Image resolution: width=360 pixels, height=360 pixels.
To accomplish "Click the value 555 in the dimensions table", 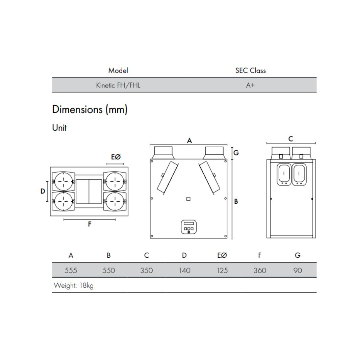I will [71, 270].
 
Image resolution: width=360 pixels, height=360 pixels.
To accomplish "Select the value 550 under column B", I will [109, 270].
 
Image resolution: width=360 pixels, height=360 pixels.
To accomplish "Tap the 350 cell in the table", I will [146, 270].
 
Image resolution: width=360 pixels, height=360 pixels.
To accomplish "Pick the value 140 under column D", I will [184, 270].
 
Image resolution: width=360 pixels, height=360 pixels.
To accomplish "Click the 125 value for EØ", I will [222, 270].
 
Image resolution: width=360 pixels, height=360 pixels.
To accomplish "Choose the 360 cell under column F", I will [260, 270].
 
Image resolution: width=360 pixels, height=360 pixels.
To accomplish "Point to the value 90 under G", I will [298, 270].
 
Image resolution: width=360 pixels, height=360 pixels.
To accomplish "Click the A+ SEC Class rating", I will [250, 85].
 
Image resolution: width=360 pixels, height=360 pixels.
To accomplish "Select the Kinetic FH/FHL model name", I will [118, 85].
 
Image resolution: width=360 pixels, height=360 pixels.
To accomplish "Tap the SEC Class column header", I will [250, 71].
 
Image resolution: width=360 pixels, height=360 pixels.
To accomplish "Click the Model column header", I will [118, 71].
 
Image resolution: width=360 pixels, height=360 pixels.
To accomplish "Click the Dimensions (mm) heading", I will [90, 109].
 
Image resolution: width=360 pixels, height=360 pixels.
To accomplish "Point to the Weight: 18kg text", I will [74, 286].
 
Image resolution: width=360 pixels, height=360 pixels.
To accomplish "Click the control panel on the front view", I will [189, 227].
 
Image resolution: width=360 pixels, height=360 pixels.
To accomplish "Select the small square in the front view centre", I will [188, 199].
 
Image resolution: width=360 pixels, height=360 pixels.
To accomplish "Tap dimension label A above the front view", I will [189, 141].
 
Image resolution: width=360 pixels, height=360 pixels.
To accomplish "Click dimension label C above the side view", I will [291, 139].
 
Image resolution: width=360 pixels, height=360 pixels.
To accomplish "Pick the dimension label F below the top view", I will [90, 224].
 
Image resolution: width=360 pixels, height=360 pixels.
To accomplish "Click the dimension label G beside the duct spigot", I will [236, 153].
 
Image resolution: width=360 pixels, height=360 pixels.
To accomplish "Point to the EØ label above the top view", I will [115, 157].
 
